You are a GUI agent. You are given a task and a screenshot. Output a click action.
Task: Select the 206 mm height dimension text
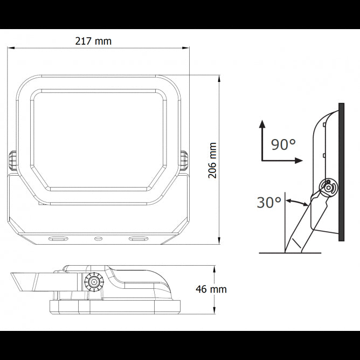pos(212,161)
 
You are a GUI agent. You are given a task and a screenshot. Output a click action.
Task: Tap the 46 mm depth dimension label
pos(211,289)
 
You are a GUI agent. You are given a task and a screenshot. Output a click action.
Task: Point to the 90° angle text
pos(283,144)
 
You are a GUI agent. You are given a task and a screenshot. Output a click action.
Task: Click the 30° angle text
pos(269,203)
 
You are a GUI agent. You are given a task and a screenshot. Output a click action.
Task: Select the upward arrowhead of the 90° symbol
pos(262,123)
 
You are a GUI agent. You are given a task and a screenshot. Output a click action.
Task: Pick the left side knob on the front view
pos(12,161)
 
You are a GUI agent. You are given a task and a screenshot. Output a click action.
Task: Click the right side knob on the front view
pos(184,161)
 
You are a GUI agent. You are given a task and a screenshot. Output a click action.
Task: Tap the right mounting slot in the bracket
pos(137,238)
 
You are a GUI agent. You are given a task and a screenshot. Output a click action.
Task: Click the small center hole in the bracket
pos(98,238)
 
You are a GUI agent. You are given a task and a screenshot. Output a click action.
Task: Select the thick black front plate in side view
pos(341,171)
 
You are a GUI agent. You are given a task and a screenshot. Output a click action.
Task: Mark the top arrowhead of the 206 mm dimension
pos(219,78)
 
